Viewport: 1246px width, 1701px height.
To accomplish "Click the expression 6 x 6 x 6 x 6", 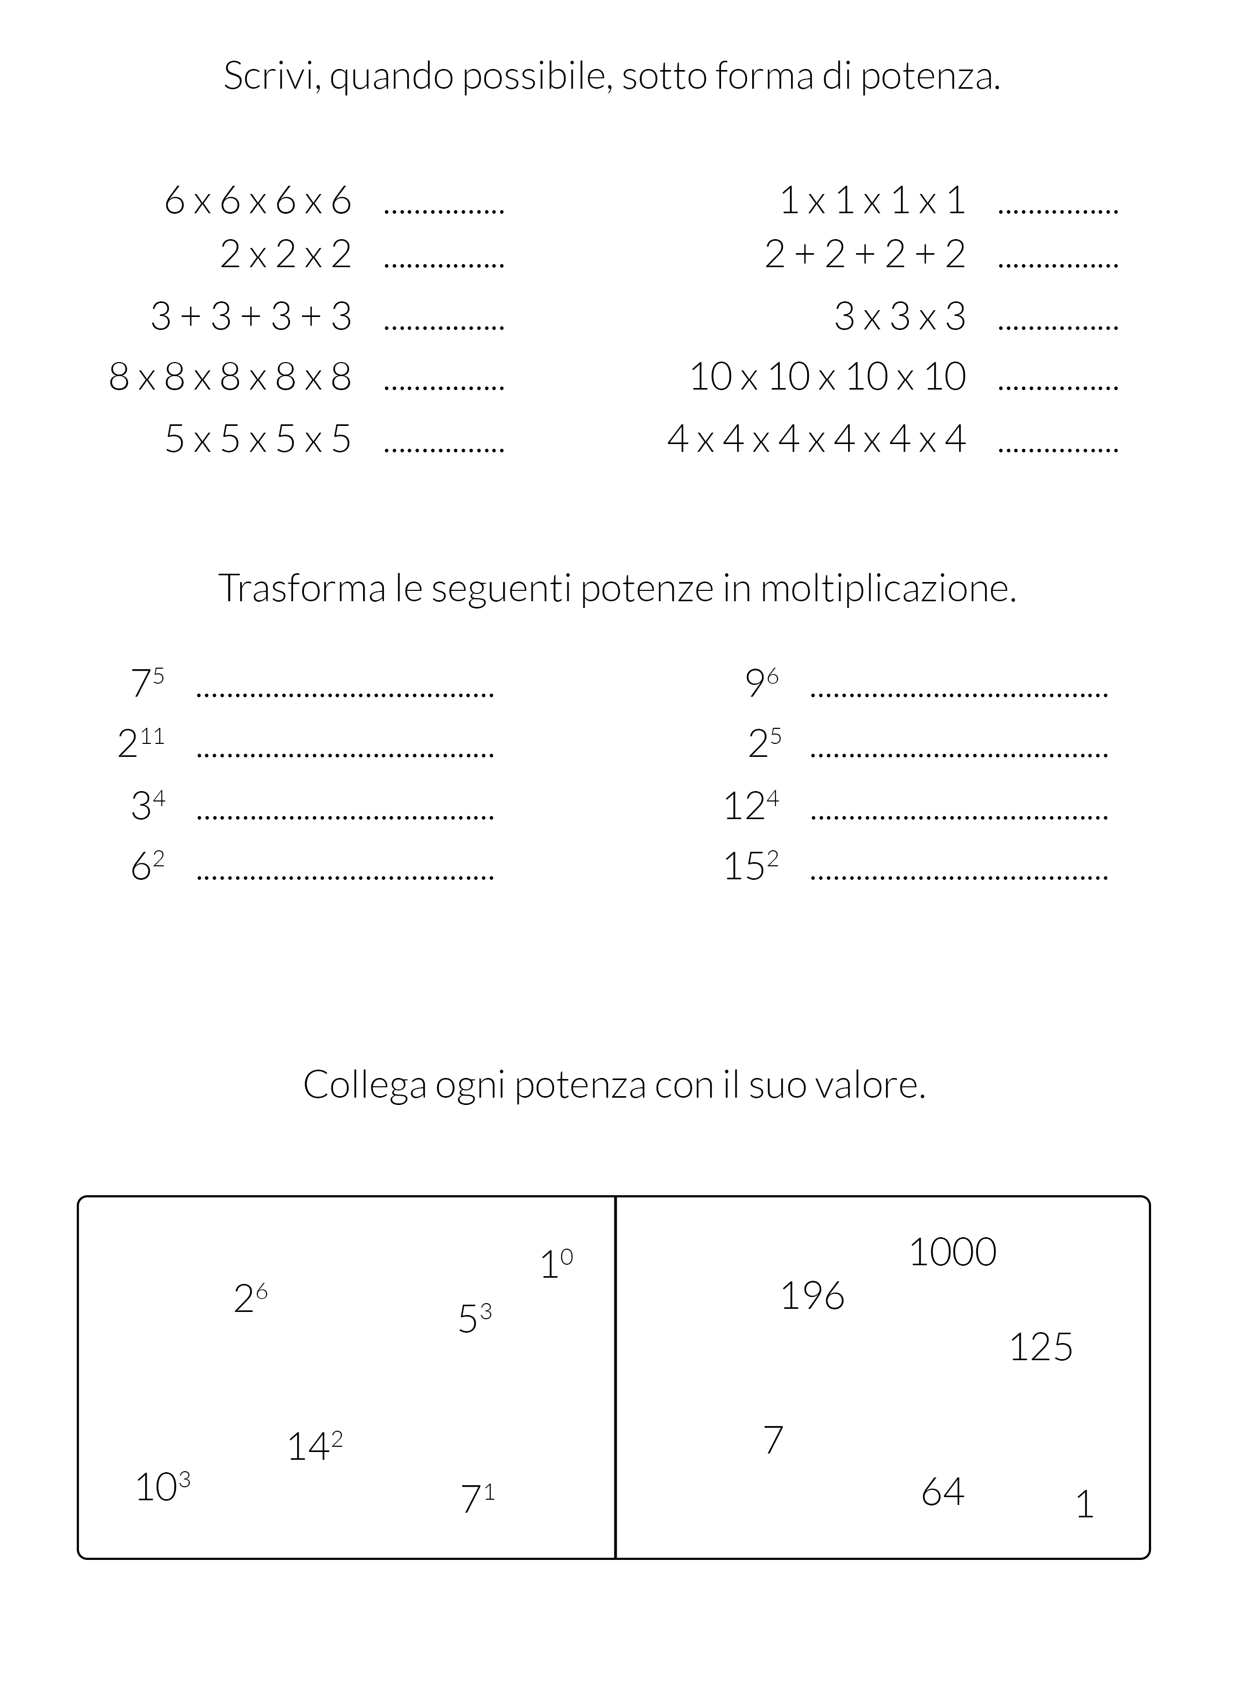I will pos(258,201).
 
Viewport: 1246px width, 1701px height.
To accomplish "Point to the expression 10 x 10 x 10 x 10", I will pos(827,377).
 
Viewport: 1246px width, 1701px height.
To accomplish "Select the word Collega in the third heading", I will pos(365,1085).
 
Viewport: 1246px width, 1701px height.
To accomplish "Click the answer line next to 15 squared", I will pos(959,877).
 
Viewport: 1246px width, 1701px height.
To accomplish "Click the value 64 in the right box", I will pos(943,1491).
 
